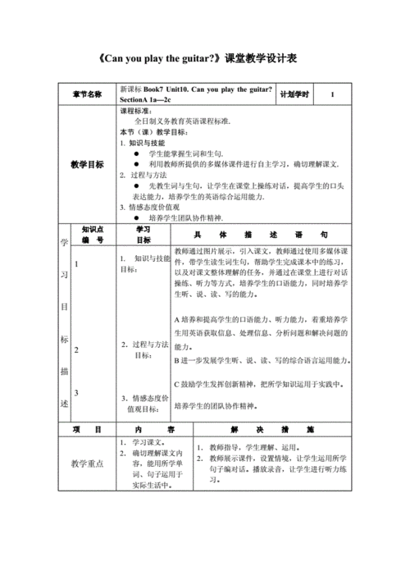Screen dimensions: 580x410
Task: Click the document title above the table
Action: pos(204,59)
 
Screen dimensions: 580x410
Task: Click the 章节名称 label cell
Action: pos(87,94)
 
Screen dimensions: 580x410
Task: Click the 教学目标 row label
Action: pos(87,163)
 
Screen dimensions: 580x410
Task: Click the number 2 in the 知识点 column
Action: pos(77,349)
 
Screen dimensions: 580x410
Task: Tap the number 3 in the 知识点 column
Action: pos(77,393)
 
